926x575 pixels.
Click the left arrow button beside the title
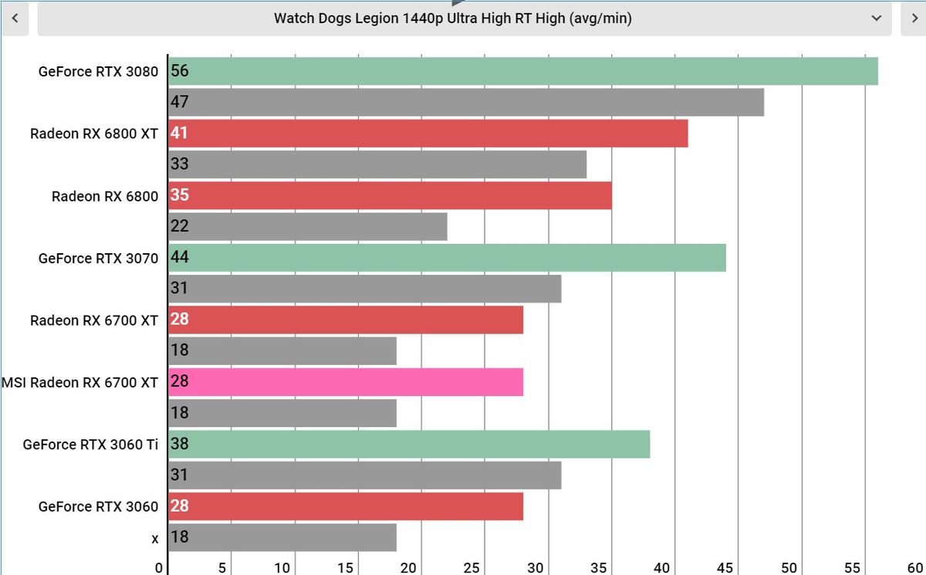[x=15, y=19]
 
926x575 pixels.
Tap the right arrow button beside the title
[x=914, y=19]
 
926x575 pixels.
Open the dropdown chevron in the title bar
[x=876, y=19]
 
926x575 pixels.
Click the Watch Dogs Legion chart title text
[x=453, y=19]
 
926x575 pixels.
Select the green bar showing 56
[x=523, y=71]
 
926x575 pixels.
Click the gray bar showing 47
[x=466, y=102]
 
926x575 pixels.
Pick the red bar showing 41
[x=428, y=133]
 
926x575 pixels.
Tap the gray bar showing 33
[x=377, y=164]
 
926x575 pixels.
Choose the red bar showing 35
[x=390, y=195]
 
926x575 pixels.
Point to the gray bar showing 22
[x=308, y=227]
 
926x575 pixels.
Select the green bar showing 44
[x=447, y=258]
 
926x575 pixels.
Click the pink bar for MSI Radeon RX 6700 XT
[x=346, y=382]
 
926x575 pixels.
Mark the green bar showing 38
[x=409, y=444]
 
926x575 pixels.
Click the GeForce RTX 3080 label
[x=98, y=72]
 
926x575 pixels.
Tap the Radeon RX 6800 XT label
[x=94, y=134]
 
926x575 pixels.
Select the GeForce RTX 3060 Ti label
[x=90, y=445]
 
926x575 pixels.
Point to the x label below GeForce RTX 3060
[x=154, y=539]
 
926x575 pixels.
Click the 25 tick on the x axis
[x=471, y=568]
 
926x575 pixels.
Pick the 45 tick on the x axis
[x=725, y=568]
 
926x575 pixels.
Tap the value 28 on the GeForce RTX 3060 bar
[x=179, y=506]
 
